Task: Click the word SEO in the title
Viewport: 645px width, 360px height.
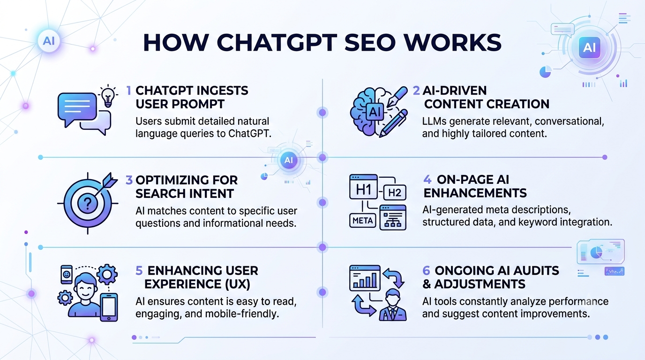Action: point(369,43)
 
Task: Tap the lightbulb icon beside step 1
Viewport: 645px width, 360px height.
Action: point(108,96)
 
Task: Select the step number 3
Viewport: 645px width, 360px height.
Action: point(129,180)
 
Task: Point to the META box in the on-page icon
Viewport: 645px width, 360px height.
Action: point(362,221)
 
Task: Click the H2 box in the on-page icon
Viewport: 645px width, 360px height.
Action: point(395,192)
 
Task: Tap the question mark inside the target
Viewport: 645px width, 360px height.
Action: point(88,203)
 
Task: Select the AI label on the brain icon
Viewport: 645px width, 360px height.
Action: point(375,112)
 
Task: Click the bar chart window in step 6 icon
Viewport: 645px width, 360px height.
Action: point(365,278)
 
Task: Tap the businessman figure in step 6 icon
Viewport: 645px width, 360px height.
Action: point(393,305)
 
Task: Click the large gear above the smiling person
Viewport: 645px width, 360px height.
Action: point(107,274)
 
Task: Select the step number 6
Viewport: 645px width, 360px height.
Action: point(426,271)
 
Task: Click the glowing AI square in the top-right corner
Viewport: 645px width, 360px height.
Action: point(589,47)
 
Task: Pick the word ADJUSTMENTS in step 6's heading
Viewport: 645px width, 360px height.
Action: point(480,284)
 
